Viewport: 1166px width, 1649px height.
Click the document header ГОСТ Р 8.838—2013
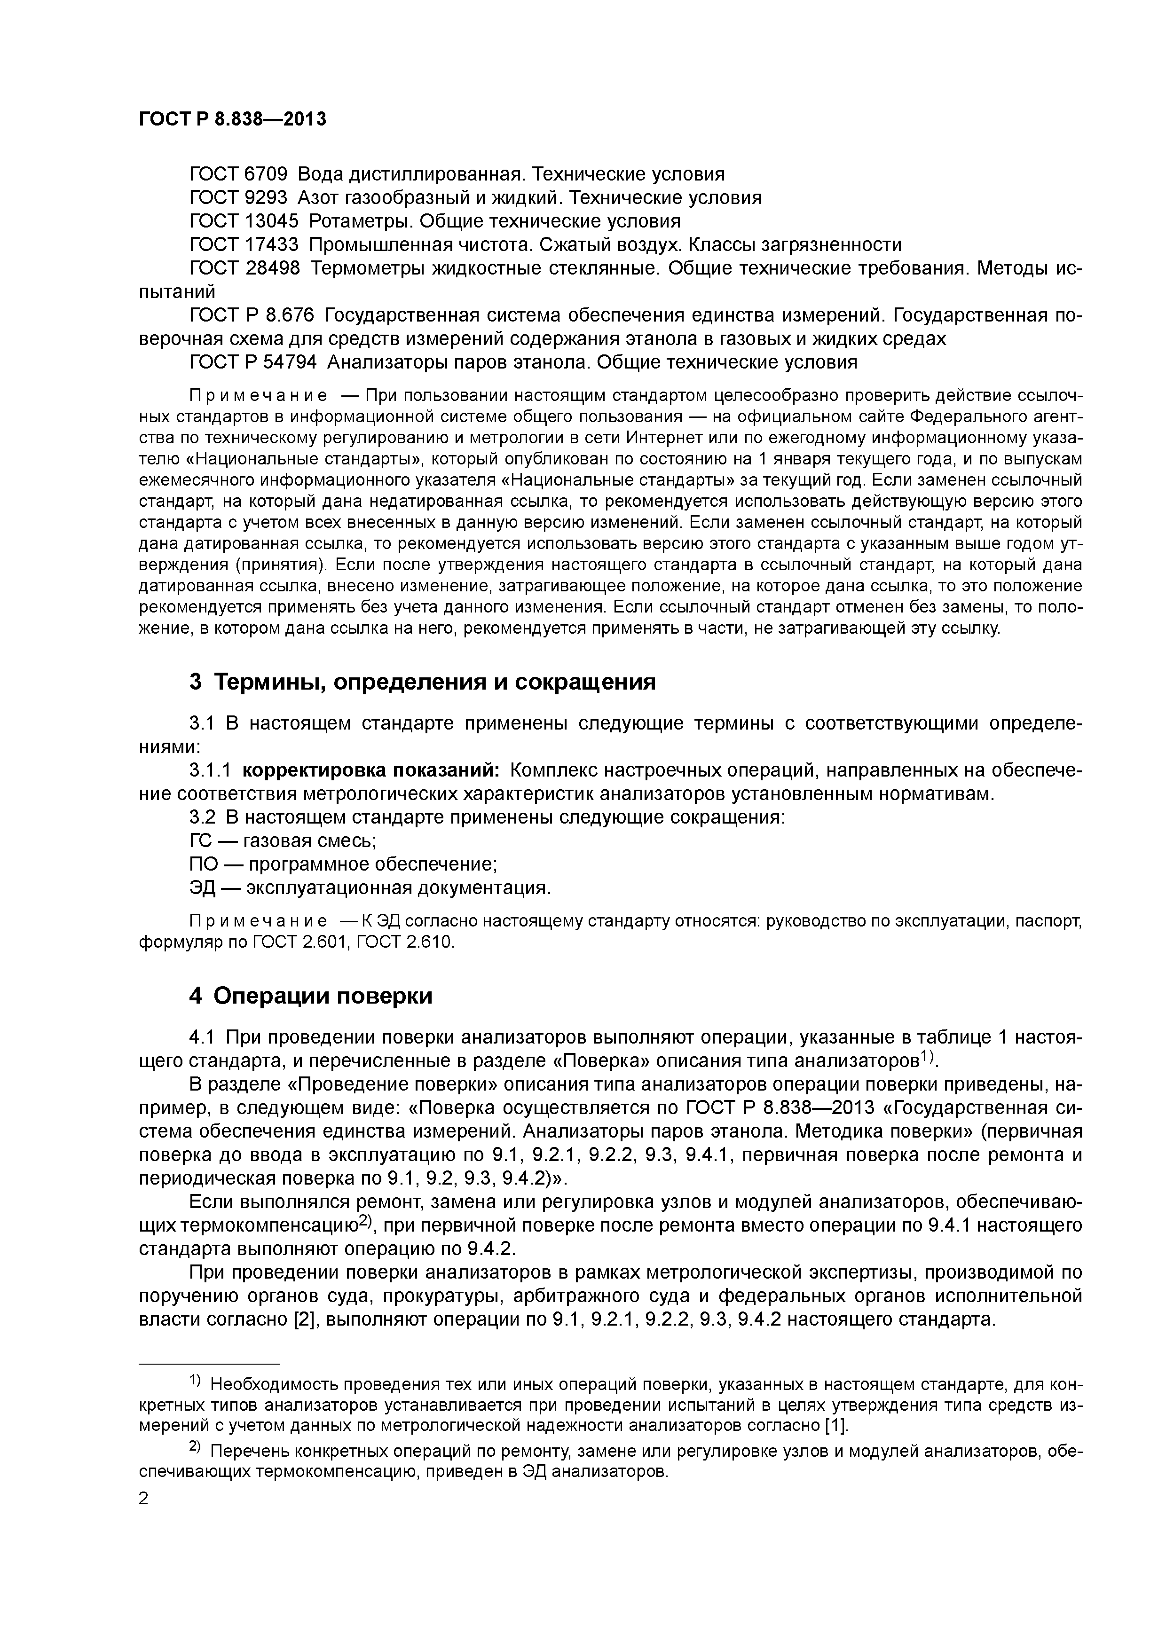click(x=232, y=119)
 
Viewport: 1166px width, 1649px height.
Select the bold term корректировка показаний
click(x=370, y=770)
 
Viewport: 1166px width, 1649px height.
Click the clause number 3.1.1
click(x=210, y=770)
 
